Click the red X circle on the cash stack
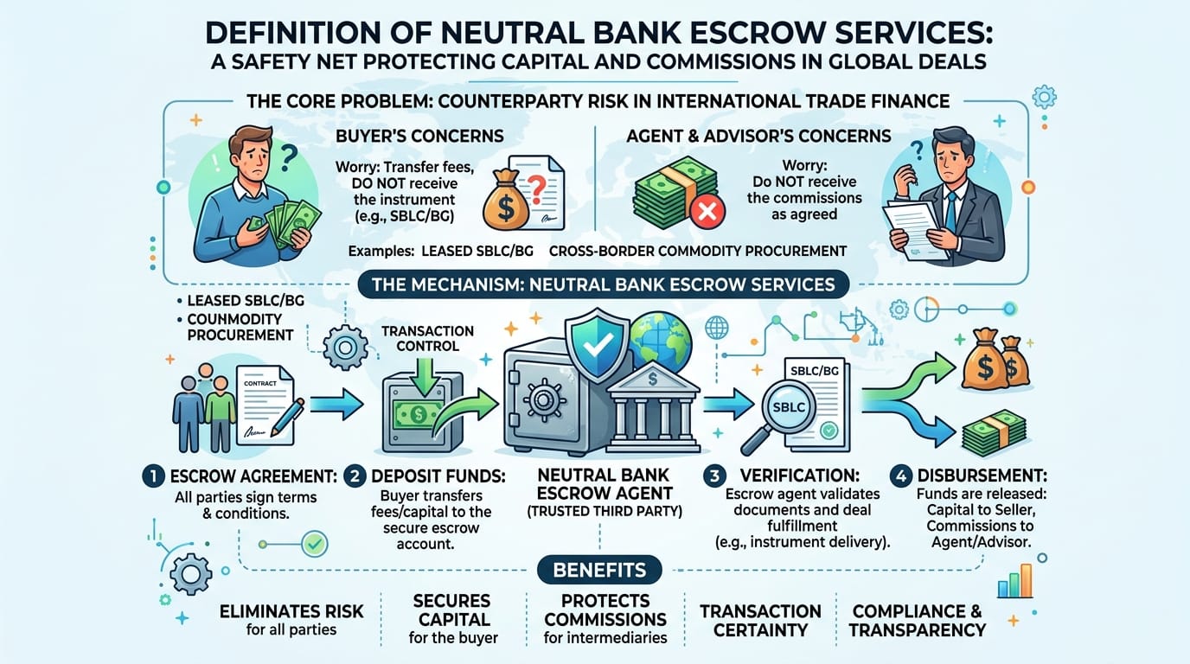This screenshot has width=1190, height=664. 707,212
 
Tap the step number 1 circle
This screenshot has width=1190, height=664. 154,476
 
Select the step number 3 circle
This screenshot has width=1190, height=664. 714,476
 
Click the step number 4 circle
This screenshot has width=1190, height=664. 901,476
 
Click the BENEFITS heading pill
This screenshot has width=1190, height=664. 600,570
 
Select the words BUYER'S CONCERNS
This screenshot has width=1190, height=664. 419,136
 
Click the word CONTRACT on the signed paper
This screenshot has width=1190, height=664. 260,383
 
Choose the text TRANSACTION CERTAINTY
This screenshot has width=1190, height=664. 760,621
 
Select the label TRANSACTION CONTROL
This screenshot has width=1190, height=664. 427,338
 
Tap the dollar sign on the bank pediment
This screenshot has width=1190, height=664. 653,378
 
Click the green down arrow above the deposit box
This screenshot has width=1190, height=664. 424,377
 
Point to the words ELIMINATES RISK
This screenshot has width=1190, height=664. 291,611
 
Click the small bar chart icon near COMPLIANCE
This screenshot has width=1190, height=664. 1014,581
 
